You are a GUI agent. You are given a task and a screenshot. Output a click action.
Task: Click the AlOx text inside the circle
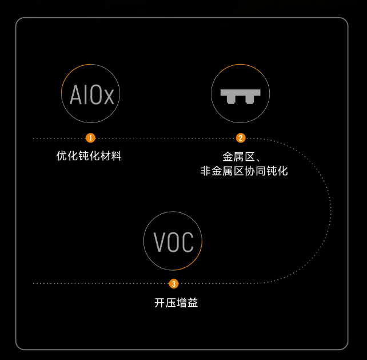tap(91, 95)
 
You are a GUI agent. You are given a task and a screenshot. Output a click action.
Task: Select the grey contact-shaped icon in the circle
tap(240, 96)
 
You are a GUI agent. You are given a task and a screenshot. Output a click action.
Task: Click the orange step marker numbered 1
tap(90, 138)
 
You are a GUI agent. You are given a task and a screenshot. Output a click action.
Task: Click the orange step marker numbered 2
tap(241, 138)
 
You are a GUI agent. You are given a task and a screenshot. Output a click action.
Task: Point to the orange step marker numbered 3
tap(174, 283)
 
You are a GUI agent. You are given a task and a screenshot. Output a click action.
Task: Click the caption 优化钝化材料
tap(89, 156)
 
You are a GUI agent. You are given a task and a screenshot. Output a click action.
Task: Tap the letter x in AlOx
tap(109, 96)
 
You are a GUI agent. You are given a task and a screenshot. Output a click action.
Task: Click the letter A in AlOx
tap(76, 95)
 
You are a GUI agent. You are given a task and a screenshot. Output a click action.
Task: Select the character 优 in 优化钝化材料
tap(62, 156)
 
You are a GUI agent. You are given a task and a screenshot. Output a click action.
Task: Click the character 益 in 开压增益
tap(192, 303)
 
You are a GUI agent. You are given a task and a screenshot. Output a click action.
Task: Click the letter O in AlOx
tap(94, 95)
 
